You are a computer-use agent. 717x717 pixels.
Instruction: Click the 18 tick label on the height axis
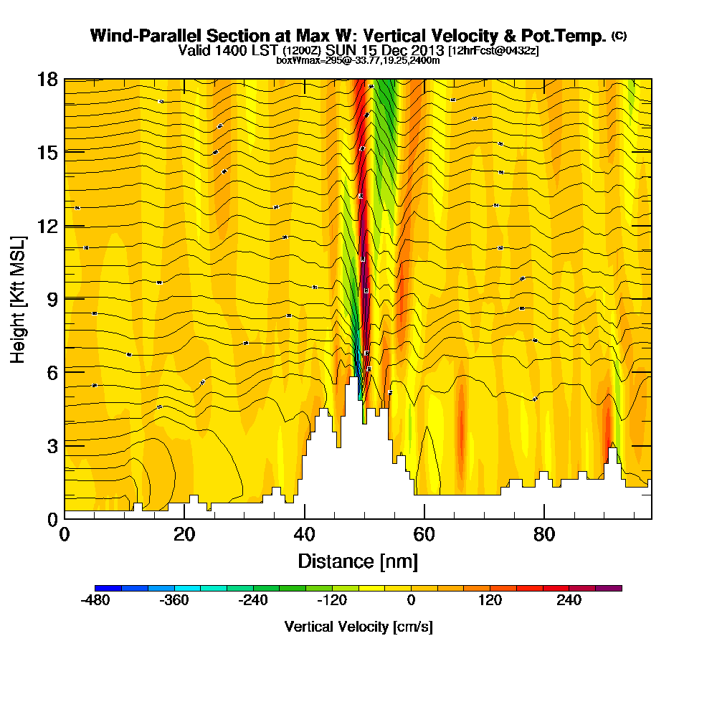47,79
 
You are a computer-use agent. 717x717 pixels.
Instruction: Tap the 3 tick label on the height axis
52,445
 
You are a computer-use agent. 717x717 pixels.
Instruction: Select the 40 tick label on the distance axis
305,535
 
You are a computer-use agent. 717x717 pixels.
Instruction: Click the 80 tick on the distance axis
544,518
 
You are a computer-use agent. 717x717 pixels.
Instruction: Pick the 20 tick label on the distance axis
184,535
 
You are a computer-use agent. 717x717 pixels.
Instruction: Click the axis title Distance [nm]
358,561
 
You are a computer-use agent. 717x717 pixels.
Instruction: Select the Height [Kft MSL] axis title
19,298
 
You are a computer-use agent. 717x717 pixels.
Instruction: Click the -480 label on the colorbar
95,601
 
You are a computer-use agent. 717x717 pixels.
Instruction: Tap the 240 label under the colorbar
569,601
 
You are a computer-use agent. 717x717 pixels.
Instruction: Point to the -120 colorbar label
331,601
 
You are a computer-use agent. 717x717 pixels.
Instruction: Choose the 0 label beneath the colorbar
412,601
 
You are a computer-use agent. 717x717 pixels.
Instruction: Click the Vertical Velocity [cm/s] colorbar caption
358,627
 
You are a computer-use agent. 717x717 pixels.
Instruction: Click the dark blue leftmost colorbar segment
108,588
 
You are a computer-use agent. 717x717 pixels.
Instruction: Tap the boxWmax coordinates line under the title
358,60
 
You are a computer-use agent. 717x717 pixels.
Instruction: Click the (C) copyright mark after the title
619,35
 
